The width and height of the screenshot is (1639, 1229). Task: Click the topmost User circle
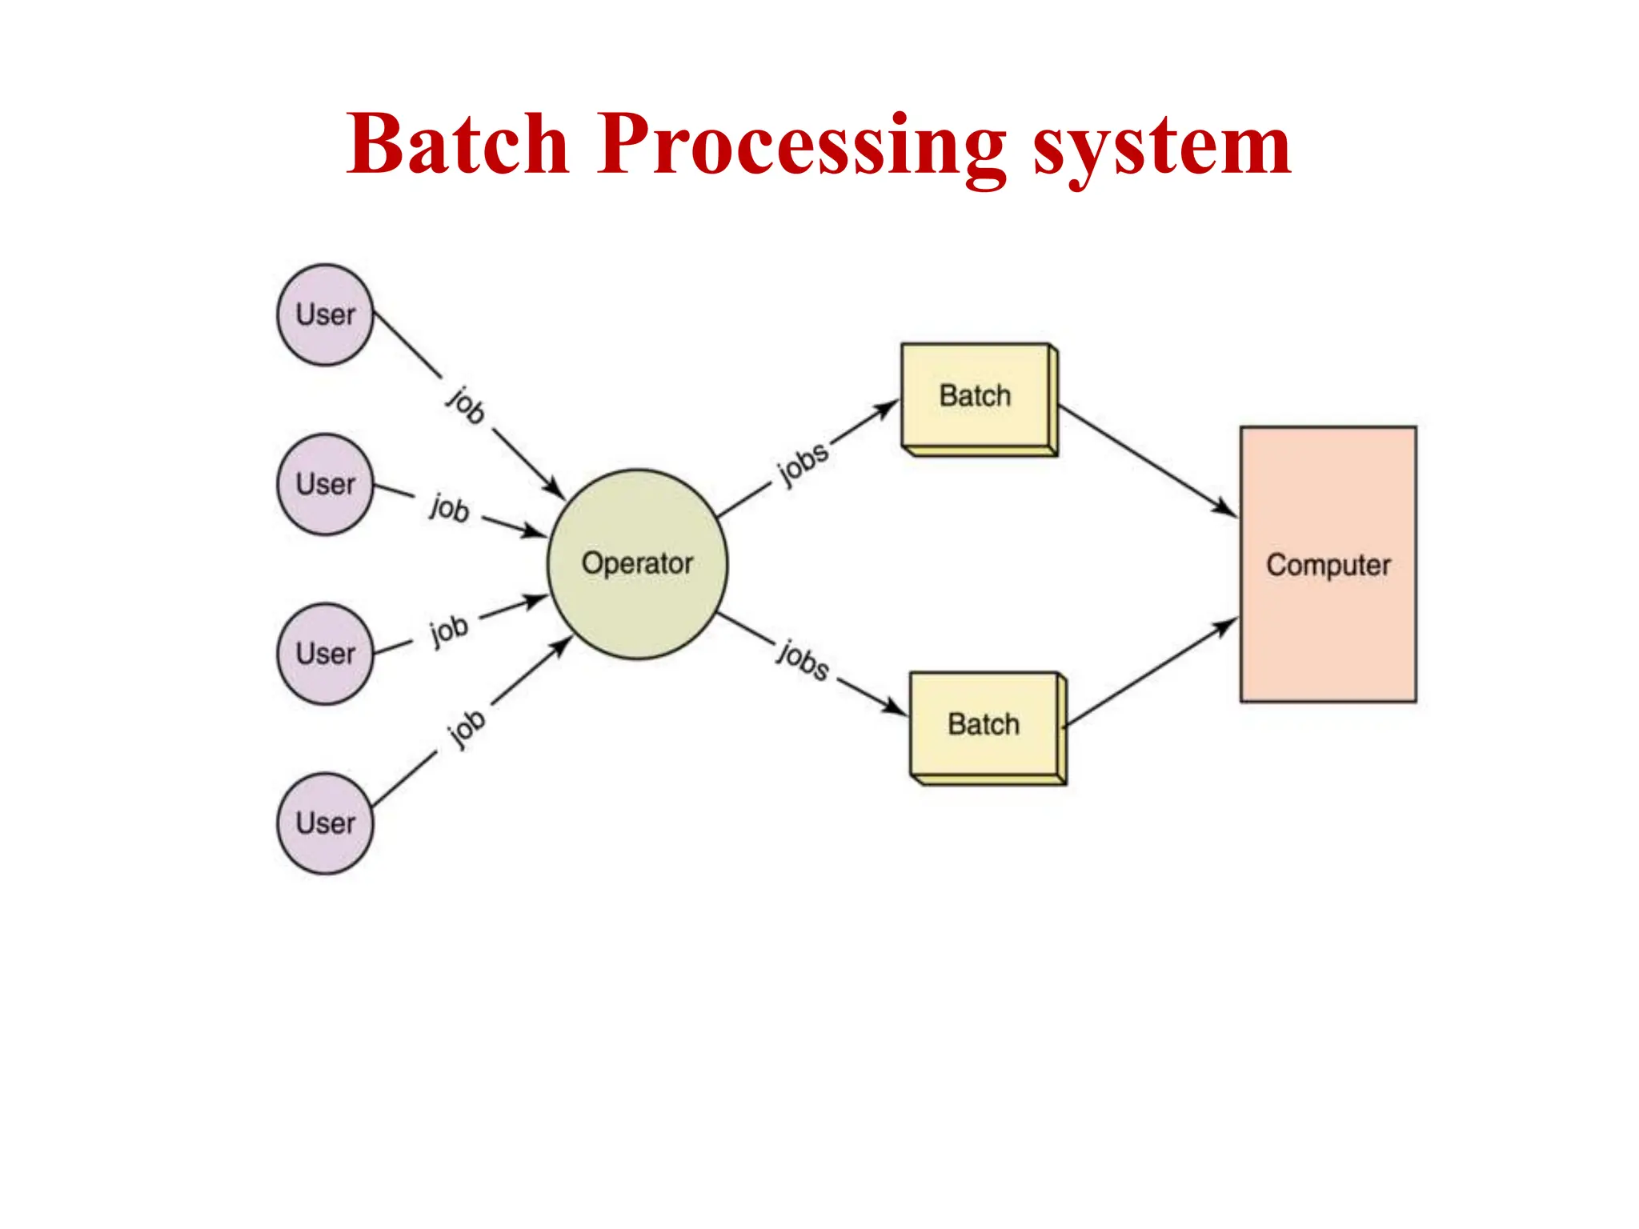[x=325, y=314]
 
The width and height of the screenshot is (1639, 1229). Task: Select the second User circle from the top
[x=325, y=484]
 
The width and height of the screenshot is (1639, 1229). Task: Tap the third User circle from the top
[x=325, y=653]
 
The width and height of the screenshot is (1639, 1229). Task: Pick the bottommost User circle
[x=325, y=823]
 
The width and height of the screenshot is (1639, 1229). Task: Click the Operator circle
[x=637, y=563]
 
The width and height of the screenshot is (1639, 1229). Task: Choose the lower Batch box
[x=984, y=724]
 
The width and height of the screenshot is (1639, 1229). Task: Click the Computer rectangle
[x=1328, y=564]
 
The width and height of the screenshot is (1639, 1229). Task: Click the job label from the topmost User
[x=466, y=405]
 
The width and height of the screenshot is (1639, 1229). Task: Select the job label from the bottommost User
[x=466, y=729]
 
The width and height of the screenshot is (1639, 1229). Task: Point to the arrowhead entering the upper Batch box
[x=888, y=408]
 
